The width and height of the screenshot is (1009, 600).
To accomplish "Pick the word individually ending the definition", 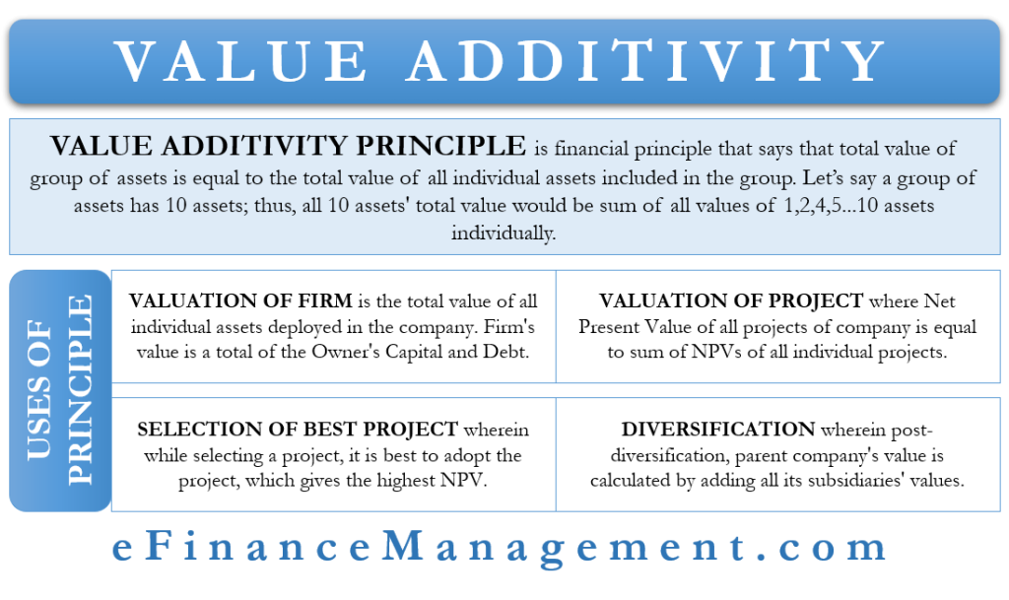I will point(504,234).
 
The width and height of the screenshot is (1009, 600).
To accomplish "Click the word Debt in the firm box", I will point(512,352).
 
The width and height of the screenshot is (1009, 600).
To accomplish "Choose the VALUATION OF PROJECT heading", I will point(731,301).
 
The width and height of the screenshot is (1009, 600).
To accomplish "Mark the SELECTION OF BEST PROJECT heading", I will point(298,431).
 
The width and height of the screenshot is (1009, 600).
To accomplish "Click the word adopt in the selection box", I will point(464,455).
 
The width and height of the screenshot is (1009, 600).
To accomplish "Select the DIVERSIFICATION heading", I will point(718,431).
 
